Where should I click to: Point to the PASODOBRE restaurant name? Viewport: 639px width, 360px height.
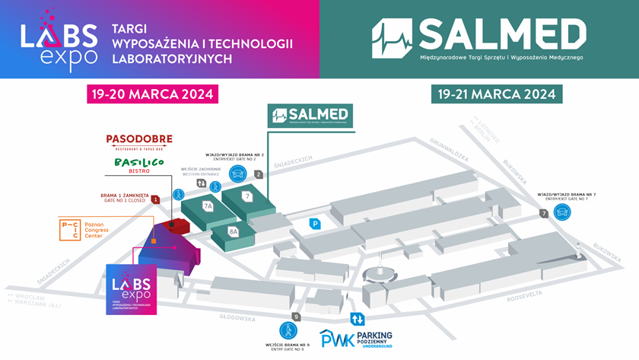[x=139, y=140]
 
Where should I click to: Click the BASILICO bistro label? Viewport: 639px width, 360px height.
[x=139, y=164]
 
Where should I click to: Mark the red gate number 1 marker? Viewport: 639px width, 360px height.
[x=155, y=199]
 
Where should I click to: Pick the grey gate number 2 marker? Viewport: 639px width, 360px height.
[x=259, y=174]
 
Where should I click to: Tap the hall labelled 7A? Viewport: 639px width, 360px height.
[x=208, y=205]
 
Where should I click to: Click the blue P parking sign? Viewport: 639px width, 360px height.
[x=314, y=224]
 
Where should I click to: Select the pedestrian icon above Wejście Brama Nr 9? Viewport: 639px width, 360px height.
[x=288, y=330]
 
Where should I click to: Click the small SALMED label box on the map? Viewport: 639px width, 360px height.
[x=309, y=116]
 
